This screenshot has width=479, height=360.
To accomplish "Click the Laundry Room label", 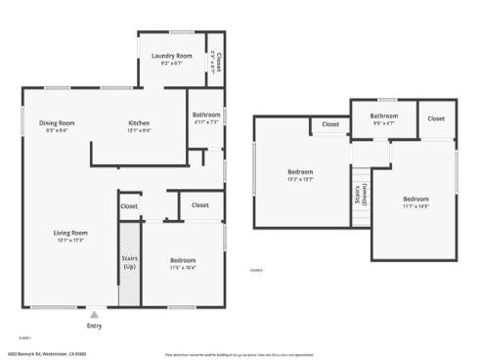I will coord(170,56).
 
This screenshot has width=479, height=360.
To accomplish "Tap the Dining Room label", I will coord(57,122).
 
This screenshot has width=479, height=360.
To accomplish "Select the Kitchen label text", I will coord(139,122).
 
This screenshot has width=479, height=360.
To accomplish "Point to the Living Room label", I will coord(70,232).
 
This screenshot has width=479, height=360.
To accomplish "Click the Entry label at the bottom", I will coord(94,326).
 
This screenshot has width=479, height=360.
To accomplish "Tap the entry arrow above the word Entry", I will coord(94,315).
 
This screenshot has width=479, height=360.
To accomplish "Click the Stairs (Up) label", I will coord(129,262).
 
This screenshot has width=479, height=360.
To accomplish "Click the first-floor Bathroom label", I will coord(206,114).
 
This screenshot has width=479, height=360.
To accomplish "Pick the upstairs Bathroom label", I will coord(384,116).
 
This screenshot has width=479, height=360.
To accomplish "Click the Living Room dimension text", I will coord(70,241).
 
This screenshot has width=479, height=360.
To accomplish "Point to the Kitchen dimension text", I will coord(139,130).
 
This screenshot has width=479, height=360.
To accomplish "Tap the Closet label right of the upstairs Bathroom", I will coord(436,118).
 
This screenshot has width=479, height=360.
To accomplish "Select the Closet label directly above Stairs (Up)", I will coord(129,206).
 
